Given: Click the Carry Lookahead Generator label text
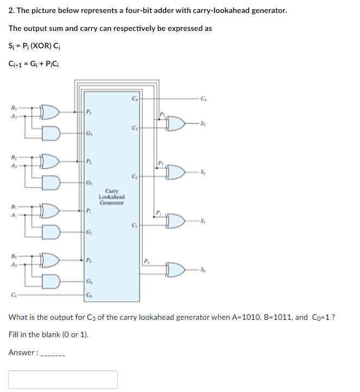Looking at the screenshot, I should click(111, 197).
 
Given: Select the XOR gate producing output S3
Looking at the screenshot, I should click(176, 124).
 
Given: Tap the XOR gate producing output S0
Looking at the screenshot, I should click(176, 269).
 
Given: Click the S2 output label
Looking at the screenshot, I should click(202, 172).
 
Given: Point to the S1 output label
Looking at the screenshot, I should click(202, 220).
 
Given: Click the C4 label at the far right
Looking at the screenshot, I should click(203, 98).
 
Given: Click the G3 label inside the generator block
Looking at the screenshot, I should click(89, 134).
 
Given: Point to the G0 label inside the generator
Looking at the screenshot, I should click(89, 281).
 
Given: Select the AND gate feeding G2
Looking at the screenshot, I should click(50, 181).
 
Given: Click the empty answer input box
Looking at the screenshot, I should click(63, 379).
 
